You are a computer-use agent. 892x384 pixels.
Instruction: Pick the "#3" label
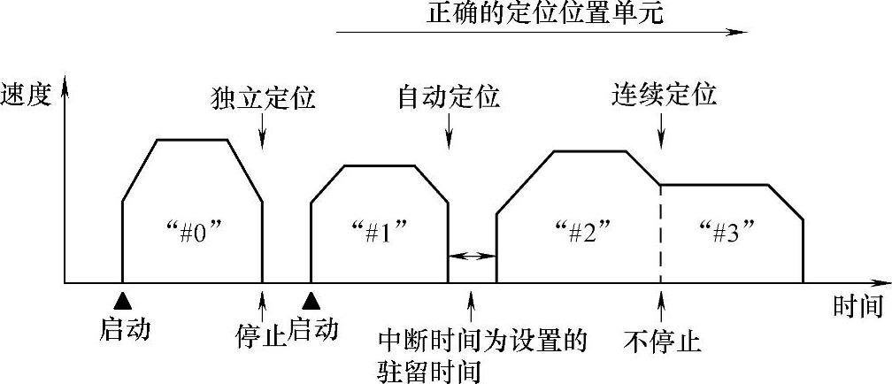point(725,235)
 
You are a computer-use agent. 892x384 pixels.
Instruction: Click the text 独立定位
point(264,96)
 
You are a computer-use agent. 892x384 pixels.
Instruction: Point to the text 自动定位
point(449,96)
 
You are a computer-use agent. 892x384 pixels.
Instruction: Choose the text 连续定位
point(664,95)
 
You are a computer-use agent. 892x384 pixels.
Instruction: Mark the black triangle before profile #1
point(311,297)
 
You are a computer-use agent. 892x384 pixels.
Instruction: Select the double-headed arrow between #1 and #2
point(472,256)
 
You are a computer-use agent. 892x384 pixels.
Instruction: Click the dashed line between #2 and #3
point(661,234)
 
